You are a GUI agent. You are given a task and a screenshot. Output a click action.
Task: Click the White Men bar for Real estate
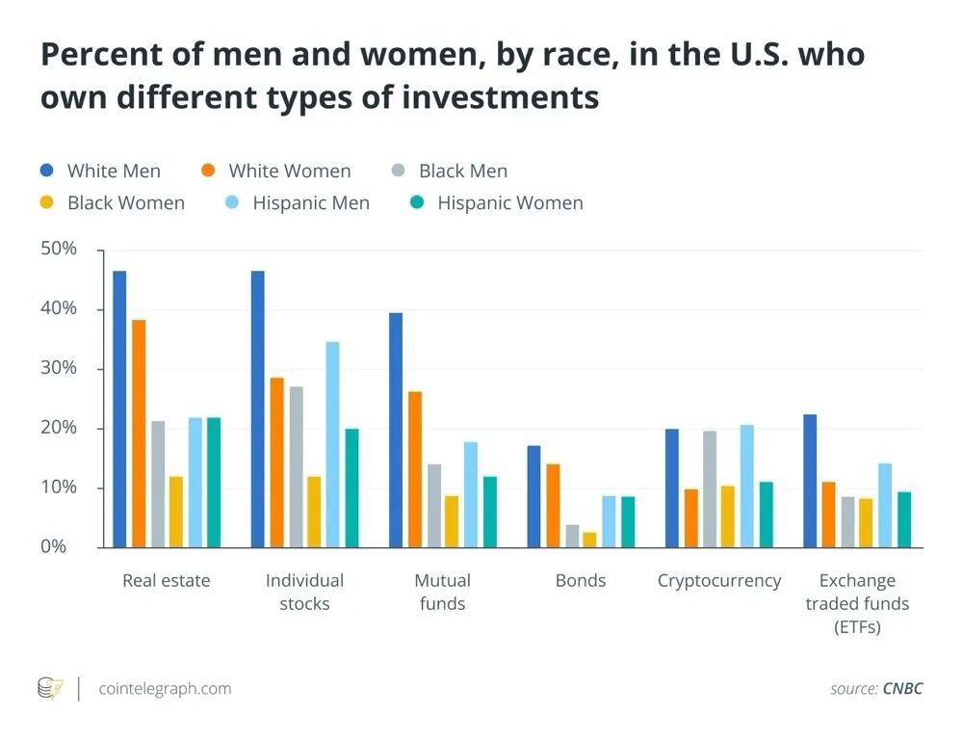pos(119,410)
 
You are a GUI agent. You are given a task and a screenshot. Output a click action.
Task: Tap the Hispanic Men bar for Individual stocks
pos(333,444)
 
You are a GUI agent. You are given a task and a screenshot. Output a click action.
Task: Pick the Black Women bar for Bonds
pos(590,540)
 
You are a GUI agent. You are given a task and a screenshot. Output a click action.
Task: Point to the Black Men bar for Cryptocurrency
pos(710,489)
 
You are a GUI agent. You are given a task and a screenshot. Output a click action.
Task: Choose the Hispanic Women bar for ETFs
pos(904,519)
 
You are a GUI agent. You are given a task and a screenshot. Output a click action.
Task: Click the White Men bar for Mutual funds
pos(396,430)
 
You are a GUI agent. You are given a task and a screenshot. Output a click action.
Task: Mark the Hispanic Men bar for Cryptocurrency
pos(746,486)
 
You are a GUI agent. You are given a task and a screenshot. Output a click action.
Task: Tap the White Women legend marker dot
pos(208,171)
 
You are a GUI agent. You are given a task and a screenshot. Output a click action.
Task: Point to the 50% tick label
pos(59,249)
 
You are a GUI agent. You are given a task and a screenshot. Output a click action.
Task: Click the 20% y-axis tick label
pos(59,428)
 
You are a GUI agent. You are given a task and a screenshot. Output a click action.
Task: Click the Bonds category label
pos(581,580)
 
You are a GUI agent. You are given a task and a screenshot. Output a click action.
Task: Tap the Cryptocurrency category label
pos(719,580)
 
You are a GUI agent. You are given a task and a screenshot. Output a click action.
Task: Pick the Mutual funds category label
pos(442,592)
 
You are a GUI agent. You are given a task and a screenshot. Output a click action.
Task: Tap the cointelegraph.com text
pos(165,688)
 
